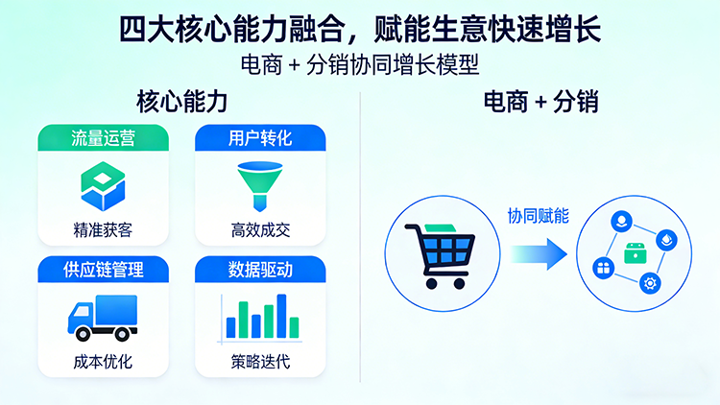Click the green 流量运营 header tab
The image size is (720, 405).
[103, 138]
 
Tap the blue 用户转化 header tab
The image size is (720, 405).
[260, 138]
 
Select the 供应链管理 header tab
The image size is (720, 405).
[103, 270]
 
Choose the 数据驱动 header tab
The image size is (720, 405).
[260, 270]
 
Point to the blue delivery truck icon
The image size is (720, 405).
[102, 318]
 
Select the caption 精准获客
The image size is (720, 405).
[103, 231]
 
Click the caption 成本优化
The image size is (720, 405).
[103, 363]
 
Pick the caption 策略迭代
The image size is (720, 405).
[260, 363]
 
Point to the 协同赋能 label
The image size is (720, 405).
[538, 216]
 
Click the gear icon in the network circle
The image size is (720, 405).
[650, 282]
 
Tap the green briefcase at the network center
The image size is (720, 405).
[635, 253]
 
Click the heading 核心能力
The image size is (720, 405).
[181, 101]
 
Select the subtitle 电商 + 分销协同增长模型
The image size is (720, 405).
[359, 64]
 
